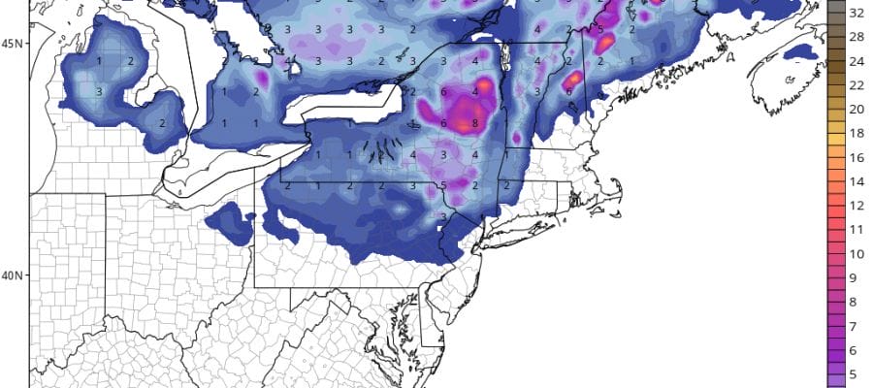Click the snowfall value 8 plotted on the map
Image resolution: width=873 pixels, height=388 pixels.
[x=474, y=124]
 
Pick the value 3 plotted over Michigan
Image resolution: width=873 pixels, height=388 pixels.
[x=99, y=91]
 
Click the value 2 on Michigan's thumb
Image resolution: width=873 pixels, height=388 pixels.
[x=162, y=123]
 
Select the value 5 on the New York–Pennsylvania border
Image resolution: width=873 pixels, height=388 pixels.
[x=442, y=185]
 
